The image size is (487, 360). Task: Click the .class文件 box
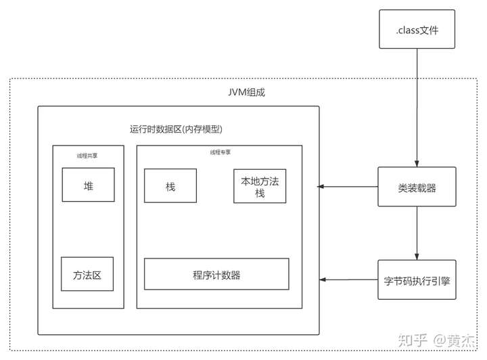coord(417,29)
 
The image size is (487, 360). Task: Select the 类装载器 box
coord(417,187)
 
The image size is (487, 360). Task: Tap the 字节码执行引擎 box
coord(417,279)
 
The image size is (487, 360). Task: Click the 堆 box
coord(88,185)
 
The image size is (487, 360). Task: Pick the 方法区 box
coord(87,274)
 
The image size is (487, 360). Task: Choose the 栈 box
coord(170,185)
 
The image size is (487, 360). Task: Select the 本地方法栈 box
coord(260,186)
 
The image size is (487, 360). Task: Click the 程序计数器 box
coord(216,274)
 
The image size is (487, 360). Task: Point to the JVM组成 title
coord(247,92)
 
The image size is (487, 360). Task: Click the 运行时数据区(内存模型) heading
coord(176,129)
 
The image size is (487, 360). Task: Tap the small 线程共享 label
coord(87,156)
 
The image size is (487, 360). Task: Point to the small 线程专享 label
coord(221,152)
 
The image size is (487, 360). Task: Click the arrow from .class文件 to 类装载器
coord(417,108)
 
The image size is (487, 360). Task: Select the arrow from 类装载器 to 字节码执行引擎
coord(417,233)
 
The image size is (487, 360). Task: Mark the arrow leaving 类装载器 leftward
coord(348,186)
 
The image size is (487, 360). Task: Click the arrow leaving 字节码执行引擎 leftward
coord(349,279)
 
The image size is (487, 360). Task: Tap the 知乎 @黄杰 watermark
coord(436,340)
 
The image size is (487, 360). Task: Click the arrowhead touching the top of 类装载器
coord(417,164)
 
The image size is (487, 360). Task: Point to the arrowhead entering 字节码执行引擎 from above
coord(417,257)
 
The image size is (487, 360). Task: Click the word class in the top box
coord(409,30)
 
